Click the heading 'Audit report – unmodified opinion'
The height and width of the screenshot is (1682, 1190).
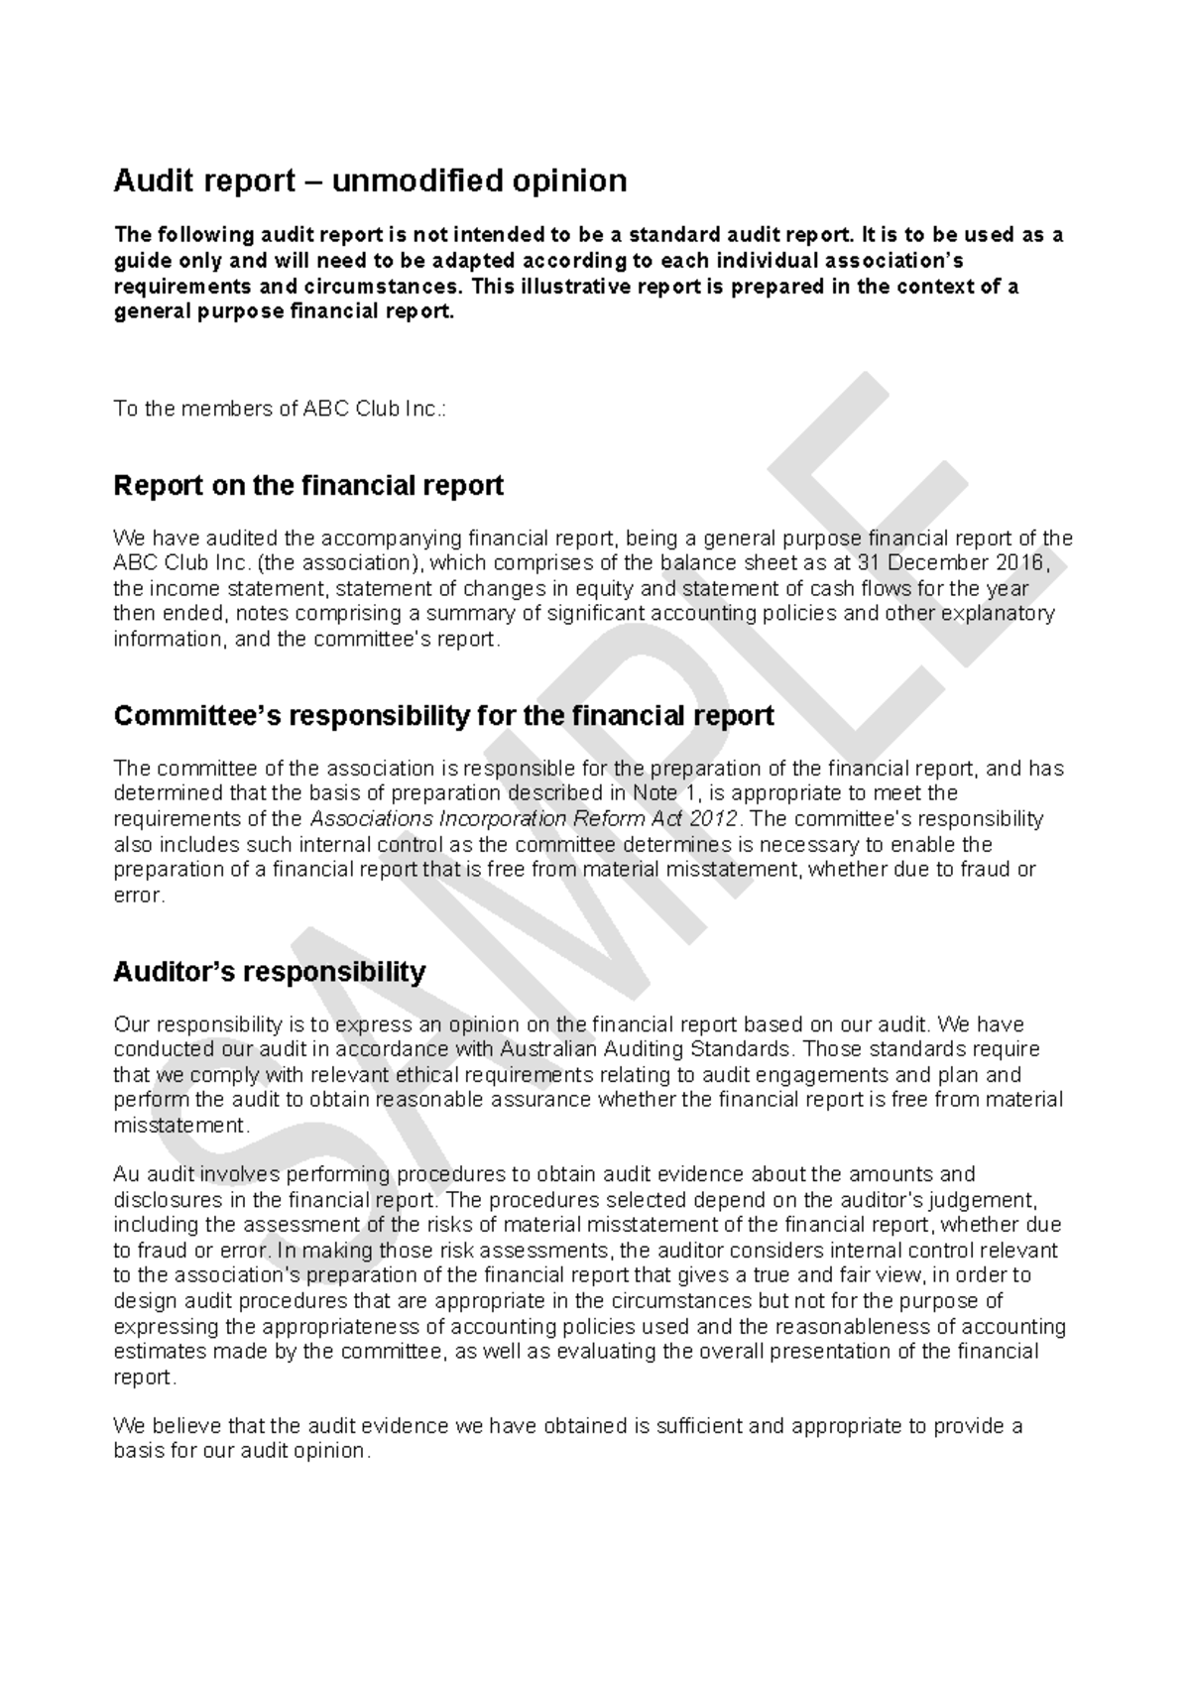370,181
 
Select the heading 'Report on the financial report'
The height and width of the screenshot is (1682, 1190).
308,486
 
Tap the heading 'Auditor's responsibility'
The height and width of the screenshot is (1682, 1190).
269,972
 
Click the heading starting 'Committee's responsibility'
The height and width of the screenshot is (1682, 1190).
443,716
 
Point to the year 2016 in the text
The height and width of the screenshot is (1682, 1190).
1021,563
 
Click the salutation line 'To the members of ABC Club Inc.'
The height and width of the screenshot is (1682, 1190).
280,410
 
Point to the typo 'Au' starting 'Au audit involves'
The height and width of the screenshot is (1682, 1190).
126,1175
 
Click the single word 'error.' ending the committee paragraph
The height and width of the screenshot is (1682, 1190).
138,896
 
